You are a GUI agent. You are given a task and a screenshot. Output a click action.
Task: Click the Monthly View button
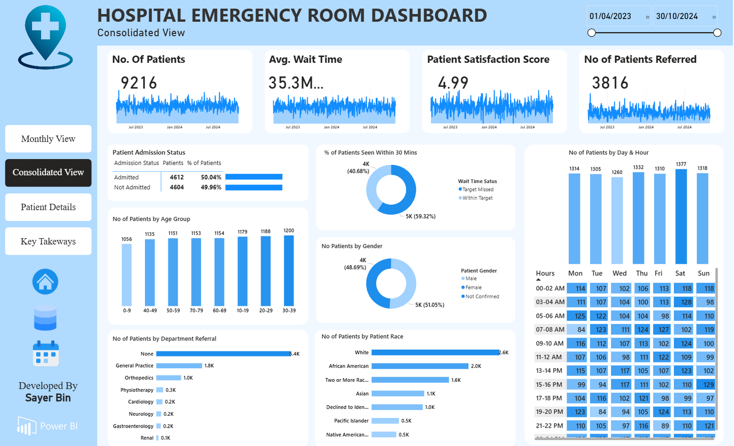coord(48,139)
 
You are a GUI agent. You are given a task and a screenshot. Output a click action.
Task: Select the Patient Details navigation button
coord(48,207)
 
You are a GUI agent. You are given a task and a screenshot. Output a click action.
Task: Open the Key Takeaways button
coord(48,241)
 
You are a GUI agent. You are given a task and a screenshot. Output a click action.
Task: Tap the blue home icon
coord(45,282)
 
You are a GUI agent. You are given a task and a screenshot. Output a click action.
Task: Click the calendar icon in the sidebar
coord(45,353)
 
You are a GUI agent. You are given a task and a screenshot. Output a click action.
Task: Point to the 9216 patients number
coord(139,83)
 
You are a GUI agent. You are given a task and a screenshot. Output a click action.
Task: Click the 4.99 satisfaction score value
coord(453,83)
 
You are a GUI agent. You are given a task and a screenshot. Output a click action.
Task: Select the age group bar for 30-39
coord(289,271)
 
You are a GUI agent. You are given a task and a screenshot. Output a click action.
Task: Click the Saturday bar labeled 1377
coord(681,216)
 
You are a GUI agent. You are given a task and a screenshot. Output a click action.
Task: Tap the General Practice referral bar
coord(179,366)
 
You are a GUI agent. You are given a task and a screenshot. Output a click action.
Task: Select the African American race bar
coord(420,366)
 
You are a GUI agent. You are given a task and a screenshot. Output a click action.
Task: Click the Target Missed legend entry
coord(478,190)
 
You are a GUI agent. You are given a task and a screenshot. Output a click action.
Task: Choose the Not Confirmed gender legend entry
coord(482,296)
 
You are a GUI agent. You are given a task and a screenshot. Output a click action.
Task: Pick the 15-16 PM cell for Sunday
coord(706,385)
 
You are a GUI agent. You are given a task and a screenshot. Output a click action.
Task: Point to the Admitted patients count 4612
coord(177,177)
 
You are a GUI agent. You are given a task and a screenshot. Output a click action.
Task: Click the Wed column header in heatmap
coord(619,273)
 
